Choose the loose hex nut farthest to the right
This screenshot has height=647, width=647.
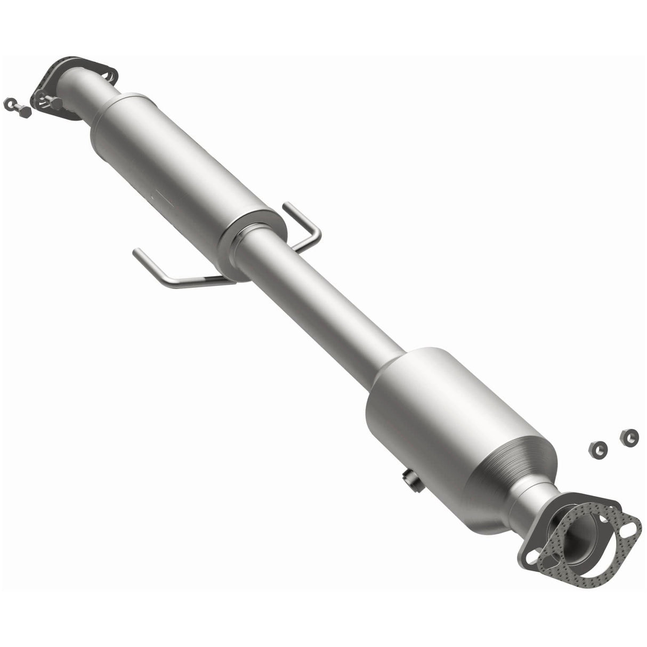click(x=629, y=436)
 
